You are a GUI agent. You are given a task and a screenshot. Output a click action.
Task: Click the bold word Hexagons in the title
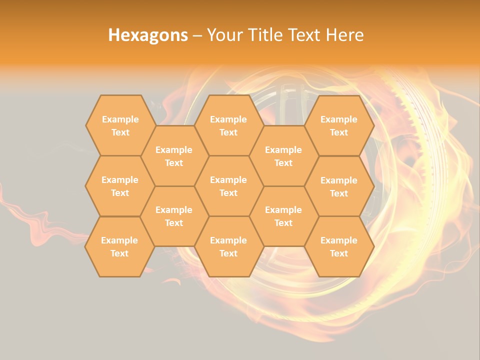click(148, 35)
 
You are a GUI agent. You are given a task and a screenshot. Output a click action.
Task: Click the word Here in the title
click(345, 35)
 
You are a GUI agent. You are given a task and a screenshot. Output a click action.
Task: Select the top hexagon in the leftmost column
click(120, 125)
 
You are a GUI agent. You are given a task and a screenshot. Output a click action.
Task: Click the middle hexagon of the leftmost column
click(120, 186)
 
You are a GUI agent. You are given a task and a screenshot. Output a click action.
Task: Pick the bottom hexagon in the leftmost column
click(119, 246)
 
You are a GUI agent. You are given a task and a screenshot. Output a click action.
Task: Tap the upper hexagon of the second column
click(174, 156)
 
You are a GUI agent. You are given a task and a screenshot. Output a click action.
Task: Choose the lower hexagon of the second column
click(174, 216)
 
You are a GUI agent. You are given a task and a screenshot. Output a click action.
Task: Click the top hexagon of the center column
click(228, 125)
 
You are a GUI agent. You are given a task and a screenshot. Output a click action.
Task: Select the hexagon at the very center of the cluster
click(228, 186)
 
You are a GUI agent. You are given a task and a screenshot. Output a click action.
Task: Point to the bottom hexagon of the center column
click(228, 246)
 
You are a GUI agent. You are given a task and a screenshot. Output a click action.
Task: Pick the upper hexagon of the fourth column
click(283, 156)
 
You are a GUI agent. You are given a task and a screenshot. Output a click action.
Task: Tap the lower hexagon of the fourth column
click(283, 216)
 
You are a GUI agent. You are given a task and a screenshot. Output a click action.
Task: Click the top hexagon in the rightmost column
click(339, 125)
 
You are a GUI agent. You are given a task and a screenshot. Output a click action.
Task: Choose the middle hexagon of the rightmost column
click(339, 186)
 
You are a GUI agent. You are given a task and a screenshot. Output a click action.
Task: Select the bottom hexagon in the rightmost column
click(339, 246)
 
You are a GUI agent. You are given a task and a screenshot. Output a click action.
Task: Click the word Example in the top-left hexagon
click(120, 119)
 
